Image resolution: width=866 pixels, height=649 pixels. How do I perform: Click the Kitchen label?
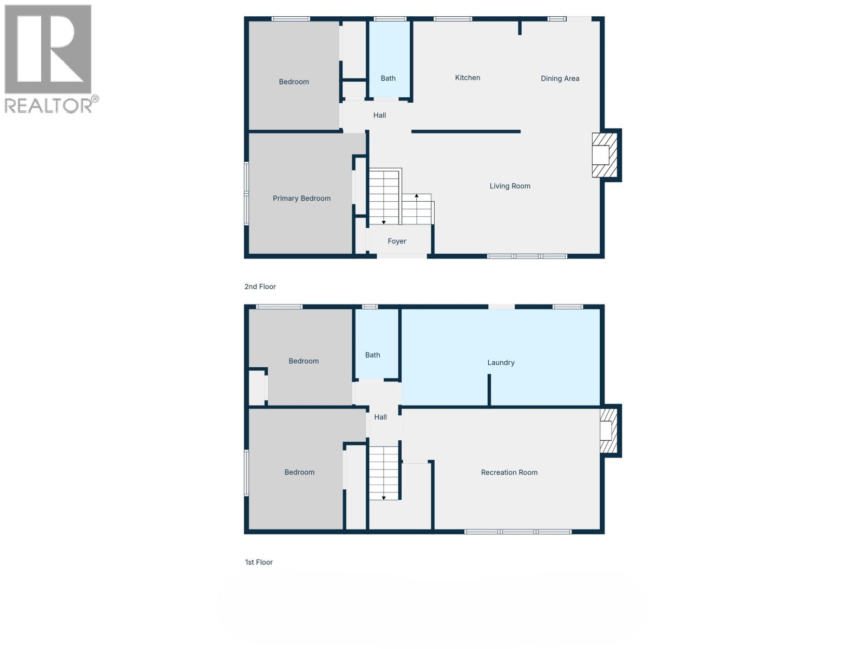[x=468, y=78]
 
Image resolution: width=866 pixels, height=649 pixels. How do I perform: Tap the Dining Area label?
[x=560, y=79]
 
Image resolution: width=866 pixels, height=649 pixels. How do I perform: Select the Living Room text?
[x=510, y=186]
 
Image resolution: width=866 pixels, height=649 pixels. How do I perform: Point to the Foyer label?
[x=397, y=241]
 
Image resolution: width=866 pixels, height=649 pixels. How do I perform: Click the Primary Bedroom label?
[x=301, y=198]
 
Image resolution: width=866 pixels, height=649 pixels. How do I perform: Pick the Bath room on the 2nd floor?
[x=389, y=59]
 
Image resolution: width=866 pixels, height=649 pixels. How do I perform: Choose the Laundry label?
[x=501, y=362]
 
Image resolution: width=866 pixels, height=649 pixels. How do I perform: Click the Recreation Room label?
[x=509, y=473]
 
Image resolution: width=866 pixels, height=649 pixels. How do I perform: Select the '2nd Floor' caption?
[x=260, y=287]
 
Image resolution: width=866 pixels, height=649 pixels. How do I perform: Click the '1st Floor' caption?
[x=259, y=562]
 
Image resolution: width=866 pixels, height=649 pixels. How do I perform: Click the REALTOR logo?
[x=50, y=59]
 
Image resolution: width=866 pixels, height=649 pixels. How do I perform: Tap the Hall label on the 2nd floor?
[x=379, y=115]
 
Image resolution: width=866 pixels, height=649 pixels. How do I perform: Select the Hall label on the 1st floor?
[x=380, y=417]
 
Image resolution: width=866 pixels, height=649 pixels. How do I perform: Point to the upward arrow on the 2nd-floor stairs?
[x=416, y=196]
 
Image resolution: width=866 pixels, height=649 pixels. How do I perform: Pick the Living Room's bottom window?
[x=527, y=256]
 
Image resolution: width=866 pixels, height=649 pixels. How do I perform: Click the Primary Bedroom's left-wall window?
[x=246, y=193]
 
